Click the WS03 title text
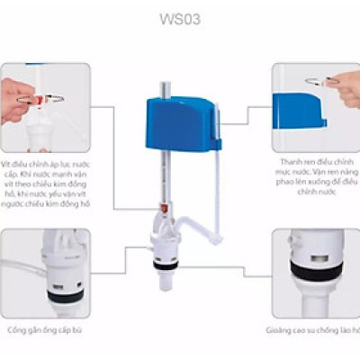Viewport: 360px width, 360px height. [x=179, y=17]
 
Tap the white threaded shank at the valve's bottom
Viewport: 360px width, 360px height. [x=166, y=274]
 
